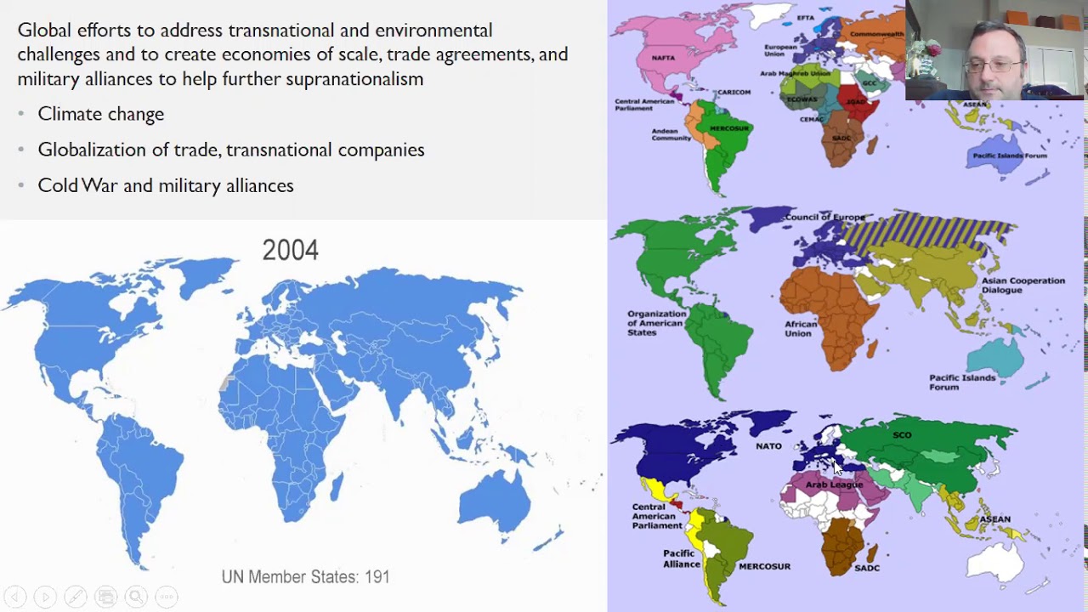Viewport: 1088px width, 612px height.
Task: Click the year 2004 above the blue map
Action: (x=290, y=250)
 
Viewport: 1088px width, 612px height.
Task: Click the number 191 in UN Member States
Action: (x=377, y=577)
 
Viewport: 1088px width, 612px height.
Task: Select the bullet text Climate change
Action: (x=101, y=114)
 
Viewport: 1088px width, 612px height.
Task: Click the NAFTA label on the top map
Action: (x=663, y=58)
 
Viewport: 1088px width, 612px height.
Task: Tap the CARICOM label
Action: (x=734, y=92)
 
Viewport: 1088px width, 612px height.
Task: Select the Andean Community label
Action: (x=671, y=134)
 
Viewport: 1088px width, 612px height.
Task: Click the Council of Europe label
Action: (x=824, y=218)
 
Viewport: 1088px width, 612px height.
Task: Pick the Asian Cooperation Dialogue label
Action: (x=1023, y=286)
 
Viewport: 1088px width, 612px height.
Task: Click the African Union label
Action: (x=801, y=329)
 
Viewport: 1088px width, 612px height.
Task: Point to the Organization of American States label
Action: (x=656, y=323)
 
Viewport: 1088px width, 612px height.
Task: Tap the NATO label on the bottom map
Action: (x=768, y=445)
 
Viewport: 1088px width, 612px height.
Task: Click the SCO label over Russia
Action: (x=902, y=435)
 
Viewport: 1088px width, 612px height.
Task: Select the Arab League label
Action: (x=834, y=484)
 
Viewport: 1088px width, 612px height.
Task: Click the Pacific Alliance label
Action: (x=682, y=558)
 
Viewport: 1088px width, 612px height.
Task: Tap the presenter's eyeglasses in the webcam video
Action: (x=993, y=65)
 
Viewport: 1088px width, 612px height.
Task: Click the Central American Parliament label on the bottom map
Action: (x=657, y=516)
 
